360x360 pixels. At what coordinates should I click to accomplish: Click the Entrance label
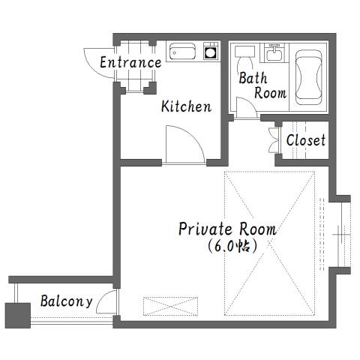(x=130, y=62)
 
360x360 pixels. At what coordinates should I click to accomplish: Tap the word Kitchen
(x=186, y=106)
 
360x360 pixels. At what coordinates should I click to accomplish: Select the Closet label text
(x=306, y=140)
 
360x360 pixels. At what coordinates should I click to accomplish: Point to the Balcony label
(x=67, y=301)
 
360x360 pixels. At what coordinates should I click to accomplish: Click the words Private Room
(x=227, y=229)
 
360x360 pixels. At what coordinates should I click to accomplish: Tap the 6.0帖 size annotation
(x=232, y=247)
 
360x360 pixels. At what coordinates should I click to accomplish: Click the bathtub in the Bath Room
(x=308, y=77)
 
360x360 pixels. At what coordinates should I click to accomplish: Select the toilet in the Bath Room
(x=244, y=58)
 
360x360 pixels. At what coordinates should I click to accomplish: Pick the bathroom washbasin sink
(x=274, y=53)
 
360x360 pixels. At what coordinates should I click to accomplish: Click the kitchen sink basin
(x=182, y=52)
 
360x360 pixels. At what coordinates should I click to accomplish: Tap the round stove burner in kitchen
(x=210, y=52)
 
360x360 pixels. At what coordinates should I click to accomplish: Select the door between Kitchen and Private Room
(x=185, y=145)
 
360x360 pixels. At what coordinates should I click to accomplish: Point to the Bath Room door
(x=246, y=107)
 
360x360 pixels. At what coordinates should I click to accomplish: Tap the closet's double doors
(x=274, y=140)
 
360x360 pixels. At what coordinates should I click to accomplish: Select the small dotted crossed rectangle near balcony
(x=170, y=306)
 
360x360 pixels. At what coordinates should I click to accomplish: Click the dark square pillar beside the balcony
(x=18, y=316)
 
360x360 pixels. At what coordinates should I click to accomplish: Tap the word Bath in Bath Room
(x=253, y=78)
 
